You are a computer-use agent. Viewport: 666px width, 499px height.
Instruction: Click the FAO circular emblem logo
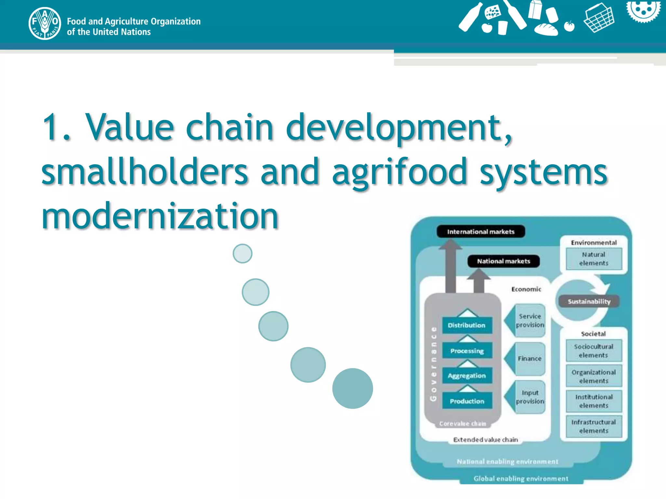point(45,23)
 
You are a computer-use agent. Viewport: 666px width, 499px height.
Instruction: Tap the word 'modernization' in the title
point(160,216)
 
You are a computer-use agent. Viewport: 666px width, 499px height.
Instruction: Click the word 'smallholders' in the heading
point(145,171)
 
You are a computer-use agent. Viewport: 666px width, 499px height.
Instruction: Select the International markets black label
point(481,232)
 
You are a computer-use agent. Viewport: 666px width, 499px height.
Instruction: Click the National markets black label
point(503,261)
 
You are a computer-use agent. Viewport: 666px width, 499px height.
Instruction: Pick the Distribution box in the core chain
point(467,325)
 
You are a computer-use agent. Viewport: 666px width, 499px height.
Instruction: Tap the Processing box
point(467,351)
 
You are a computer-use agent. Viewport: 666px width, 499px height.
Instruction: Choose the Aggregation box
point(467,376)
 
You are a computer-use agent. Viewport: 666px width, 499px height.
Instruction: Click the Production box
point(467,401)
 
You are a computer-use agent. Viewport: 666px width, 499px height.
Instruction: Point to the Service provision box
point(529,320)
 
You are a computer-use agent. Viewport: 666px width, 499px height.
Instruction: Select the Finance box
point(529,359)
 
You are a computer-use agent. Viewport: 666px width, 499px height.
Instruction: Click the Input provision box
point(529,397)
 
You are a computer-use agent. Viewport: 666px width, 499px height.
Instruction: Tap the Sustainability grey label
point(589,301)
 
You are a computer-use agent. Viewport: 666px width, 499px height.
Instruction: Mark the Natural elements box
point(594,259)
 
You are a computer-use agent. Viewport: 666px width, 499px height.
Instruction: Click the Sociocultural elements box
point(594,351)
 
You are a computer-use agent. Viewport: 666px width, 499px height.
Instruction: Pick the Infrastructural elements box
point(594,426)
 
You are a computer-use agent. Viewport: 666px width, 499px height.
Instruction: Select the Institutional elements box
point(594,401)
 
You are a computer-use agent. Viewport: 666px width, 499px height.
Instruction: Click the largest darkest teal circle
point(353,388)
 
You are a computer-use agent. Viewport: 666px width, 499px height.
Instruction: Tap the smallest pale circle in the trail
point(243,253)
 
